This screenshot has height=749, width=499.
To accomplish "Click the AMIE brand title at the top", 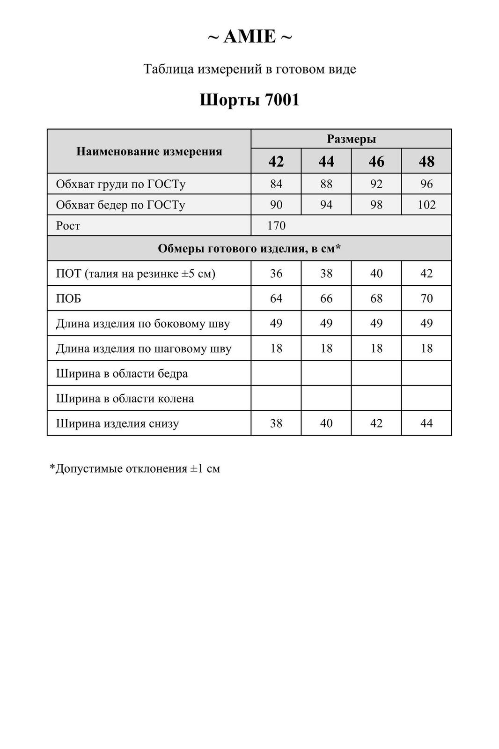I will tap(249, 36).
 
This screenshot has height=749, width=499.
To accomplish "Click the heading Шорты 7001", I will tap(249, 100).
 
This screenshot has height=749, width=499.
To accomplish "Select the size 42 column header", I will tap(276, 162).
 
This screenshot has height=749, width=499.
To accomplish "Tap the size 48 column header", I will tap(426, 162).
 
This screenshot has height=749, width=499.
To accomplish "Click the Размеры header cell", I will tap(351, 139).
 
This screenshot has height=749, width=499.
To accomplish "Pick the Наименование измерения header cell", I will tap(149, 151).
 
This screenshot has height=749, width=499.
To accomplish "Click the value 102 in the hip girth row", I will tap(426, 205).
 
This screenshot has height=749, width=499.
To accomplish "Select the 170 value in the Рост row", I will tap(276, 226).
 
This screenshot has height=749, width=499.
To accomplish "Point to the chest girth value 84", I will tap(276, 184).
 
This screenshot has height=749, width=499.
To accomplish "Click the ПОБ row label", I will tap(68, 299).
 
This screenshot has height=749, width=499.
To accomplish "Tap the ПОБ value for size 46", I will tap(376, 298).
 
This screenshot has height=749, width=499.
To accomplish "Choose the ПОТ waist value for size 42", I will tap(276, 274).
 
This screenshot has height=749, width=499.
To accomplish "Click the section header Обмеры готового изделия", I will tap(249, 248).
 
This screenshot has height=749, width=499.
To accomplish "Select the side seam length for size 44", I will tap(326, 323).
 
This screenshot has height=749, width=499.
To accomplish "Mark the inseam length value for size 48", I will tap(426, 349).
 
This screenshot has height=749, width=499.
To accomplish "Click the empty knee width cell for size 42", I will tap(276, 398).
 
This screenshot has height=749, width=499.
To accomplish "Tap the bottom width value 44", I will tap(426, 423).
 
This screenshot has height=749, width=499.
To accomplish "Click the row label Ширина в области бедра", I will tap(122, 374).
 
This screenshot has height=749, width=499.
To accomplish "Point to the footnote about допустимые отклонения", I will tap(135, 468).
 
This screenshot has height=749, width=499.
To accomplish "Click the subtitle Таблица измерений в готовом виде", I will tap(249, 69).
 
